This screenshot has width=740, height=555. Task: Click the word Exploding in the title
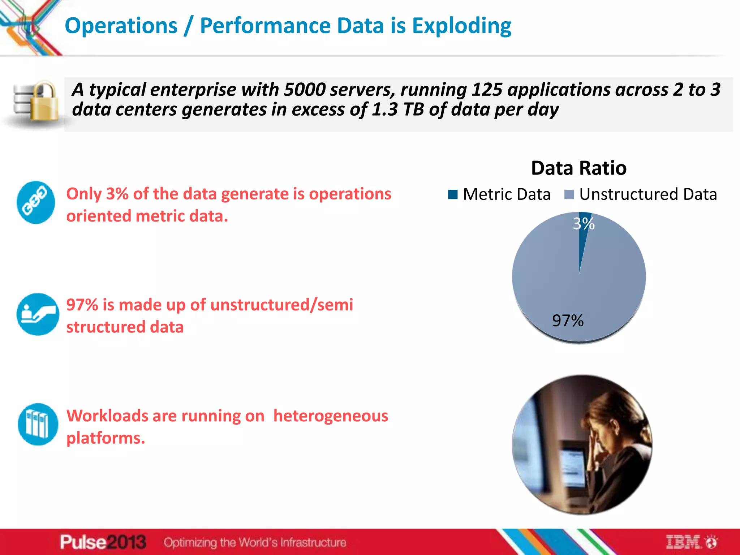coord(461,26)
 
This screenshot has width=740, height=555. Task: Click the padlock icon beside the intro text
coord(43,101)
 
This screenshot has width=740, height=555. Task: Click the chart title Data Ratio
coord(578,168)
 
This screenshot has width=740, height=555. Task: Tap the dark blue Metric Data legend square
coord(452,194)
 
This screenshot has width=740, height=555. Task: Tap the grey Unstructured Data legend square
coord(569,194)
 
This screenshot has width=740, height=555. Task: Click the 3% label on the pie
coord(583,224)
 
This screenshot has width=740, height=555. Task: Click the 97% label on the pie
coord(568,320)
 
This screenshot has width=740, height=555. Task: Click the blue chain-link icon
coord(36,202)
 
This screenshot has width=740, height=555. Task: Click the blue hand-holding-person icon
coord(38,314)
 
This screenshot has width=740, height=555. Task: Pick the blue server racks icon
coord(38,424)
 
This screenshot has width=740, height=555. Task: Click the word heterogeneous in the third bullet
coord(330,416)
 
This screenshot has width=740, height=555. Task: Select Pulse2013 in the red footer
coord(103,542)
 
